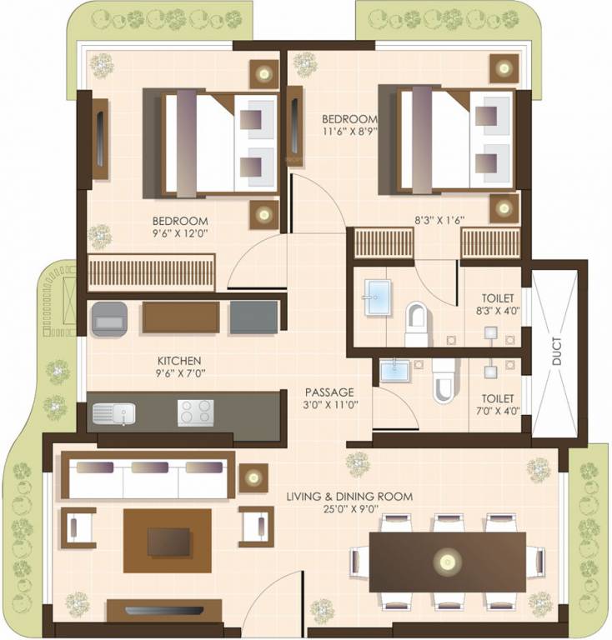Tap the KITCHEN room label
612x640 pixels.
179,361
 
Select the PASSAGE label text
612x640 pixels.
329,392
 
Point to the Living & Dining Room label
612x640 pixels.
349,497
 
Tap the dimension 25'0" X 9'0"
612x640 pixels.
349,509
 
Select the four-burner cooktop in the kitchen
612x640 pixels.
195,412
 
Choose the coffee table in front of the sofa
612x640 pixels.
168,541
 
